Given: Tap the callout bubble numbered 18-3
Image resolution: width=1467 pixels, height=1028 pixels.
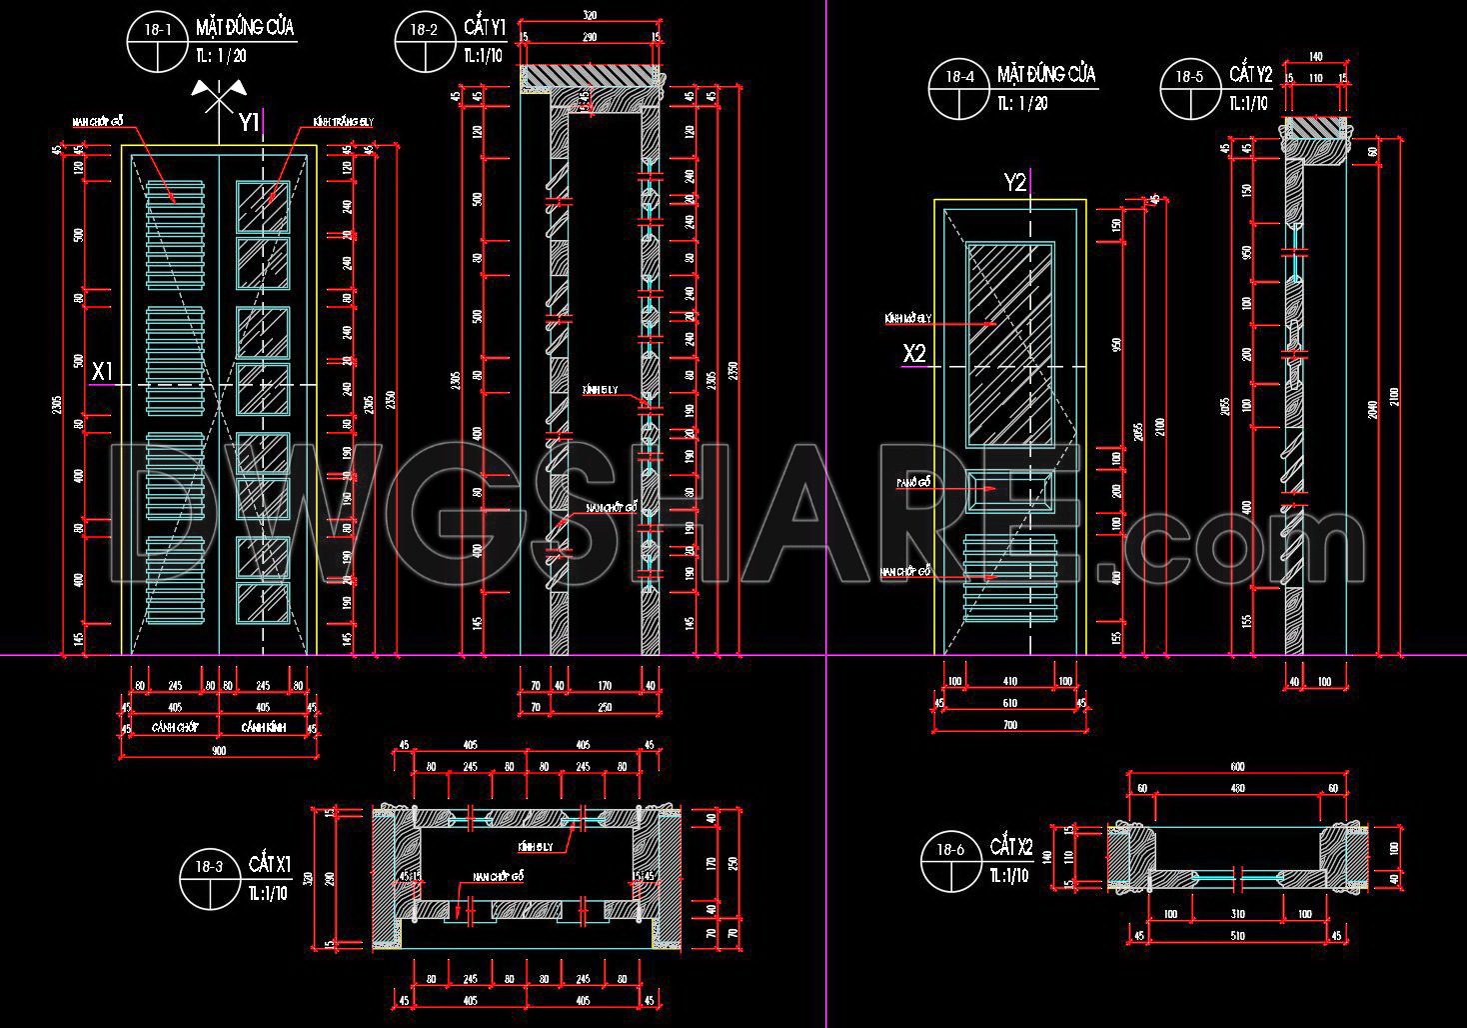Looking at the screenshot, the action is point(210,879).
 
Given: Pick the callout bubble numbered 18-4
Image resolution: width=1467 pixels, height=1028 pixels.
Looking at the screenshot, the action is point(959,88).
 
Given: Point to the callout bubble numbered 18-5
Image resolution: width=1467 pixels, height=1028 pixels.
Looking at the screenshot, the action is point(1190,88).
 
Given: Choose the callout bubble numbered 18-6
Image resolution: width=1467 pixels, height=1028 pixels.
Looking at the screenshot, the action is point(951,862).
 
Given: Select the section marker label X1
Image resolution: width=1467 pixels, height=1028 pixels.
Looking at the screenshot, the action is point(102,372).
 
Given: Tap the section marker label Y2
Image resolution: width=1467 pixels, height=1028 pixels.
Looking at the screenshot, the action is point(1015,182).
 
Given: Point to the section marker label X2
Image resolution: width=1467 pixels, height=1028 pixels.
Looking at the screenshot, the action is point(914,353).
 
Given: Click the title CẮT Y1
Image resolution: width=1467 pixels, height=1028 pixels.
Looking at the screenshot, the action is point(485,27).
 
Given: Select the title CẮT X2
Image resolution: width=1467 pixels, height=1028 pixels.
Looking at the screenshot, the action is point(1011,848).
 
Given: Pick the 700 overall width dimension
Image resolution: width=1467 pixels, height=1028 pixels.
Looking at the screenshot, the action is point(1009,724).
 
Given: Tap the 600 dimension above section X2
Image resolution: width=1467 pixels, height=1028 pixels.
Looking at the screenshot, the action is point(1237,767).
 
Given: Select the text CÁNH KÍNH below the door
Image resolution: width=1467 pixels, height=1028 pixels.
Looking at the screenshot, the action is point(262,728).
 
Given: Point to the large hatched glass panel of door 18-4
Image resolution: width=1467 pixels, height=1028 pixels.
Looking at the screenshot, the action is point(1010,341).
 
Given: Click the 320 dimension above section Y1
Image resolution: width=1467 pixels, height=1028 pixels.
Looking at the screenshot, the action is point(589,16).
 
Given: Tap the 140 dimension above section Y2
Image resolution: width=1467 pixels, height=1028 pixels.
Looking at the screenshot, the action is point(1315,57).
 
